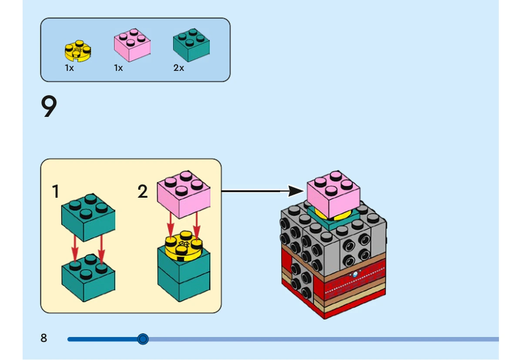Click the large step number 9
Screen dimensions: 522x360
tap(49, 106)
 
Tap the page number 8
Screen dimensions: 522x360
tap(43, 338)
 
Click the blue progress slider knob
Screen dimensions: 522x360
tap(143, 339)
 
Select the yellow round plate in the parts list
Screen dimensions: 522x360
tap(78, 51)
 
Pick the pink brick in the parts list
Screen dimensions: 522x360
tap(132, 45)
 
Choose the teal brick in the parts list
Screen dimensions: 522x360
tap(191, 45)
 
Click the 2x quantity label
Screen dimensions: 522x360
tap(178, 68)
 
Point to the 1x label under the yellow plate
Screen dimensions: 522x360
tap(70, 68)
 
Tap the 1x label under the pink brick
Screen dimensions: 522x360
tap(118, 68)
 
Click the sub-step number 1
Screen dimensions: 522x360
tap(56, 191)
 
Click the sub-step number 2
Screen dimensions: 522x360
tap(143, 191)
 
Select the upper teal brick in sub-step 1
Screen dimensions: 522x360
tap(88, 218)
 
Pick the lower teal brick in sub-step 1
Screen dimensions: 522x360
tap(88, 278)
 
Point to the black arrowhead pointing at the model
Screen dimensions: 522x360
tap(296, 191)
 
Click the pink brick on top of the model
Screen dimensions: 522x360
tap(334, 195)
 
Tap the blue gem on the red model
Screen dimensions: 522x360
tap(355, 274)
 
